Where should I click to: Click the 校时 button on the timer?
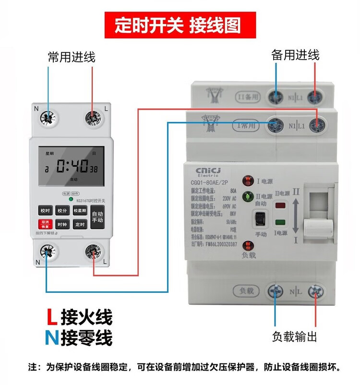46,210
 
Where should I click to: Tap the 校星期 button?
79,210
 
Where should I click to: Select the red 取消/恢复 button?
46,224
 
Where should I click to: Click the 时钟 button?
62,224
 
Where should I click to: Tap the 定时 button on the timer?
79,224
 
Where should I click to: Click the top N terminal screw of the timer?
48,117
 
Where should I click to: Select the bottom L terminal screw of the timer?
93,251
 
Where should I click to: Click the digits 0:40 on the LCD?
72,167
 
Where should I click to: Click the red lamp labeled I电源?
248,181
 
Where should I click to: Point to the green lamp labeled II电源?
248,196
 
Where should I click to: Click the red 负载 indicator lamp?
248,245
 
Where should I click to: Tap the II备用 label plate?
249,96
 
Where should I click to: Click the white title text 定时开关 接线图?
178,25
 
